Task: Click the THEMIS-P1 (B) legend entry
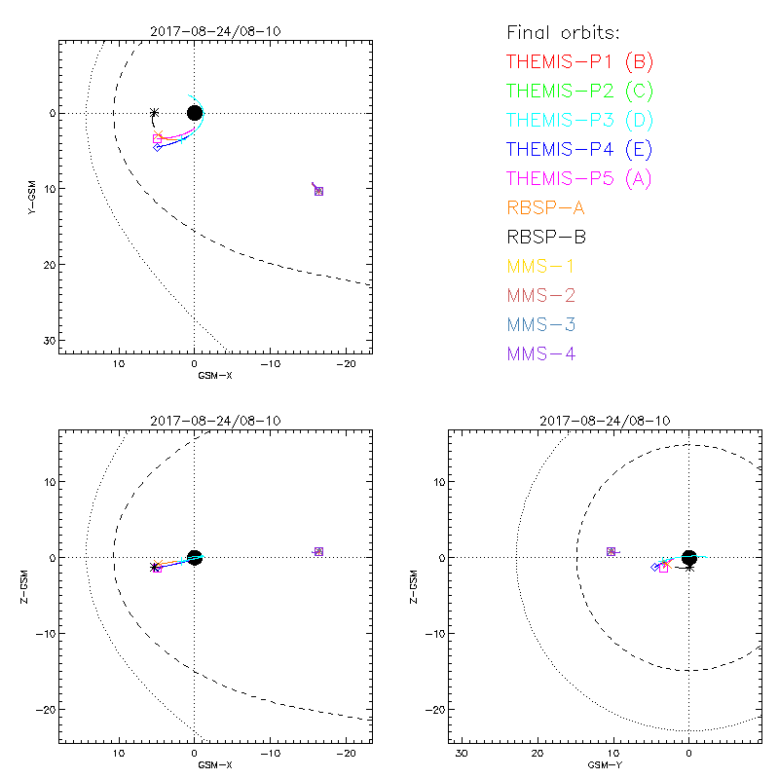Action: [579, 62]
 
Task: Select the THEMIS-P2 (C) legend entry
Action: [579, 92]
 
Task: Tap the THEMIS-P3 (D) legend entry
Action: [579, 121]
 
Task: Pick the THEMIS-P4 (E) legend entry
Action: [579, 150]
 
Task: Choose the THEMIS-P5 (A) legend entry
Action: [579, 179]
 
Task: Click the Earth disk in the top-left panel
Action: [195, 113]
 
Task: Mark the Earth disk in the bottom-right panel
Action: [689, 557]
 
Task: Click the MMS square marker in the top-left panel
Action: [318, 191]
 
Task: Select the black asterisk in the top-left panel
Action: [154, 113]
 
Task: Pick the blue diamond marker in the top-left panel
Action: [158, 147]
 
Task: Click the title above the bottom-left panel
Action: [215, 420]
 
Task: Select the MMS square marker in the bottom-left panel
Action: [318, 552]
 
